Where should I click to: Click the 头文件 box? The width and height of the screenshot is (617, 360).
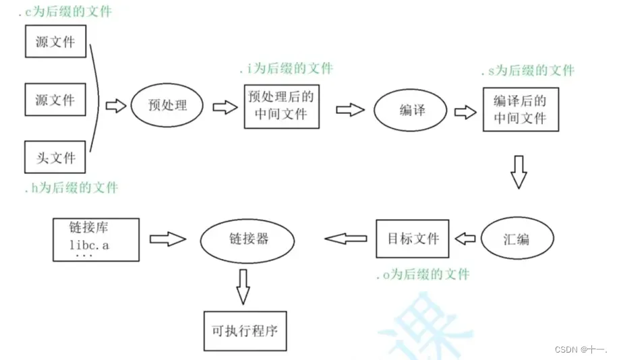pos(55,158)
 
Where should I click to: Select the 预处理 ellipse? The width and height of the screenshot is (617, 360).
pos(167,105)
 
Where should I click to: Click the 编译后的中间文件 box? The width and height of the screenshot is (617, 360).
pos(520,109)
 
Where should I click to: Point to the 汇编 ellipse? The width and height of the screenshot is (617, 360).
pos(518,239)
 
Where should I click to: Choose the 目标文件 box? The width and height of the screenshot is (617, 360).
pos(413,239)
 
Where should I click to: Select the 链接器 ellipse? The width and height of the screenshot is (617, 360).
pos(248,239)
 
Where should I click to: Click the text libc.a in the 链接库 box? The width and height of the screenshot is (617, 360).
pos(89,245)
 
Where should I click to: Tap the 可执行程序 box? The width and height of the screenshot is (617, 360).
pos(244,331)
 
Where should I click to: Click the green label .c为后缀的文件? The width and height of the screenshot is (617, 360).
pos(65,11)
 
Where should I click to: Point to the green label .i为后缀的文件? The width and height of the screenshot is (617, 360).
pos(286,69)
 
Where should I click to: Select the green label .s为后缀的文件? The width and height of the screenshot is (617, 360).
pos(527,71)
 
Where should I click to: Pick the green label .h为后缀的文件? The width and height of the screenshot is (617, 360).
pos(70,187)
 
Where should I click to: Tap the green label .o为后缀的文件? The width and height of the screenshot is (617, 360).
pos(422,274)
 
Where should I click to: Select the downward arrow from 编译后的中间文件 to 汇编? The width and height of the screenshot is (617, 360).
pos(518,171)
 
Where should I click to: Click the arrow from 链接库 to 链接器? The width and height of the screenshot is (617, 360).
pos(167,239)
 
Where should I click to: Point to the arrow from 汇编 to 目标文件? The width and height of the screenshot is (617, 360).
pos(465,238)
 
